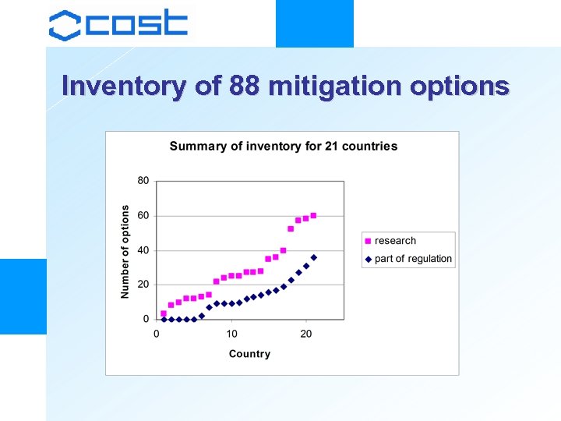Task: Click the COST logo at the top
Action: (118, 24)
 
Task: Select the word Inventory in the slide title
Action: (125, 86)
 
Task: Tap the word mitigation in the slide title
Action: (332, 86)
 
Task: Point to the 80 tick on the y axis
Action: (143, 180)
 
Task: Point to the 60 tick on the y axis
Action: (143, 215)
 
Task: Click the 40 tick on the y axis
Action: (143, 250)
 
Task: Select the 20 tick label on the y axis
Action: (143, 285)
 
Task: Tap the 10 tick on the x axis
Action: (231, 334)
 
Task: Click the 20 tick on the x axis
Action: (306, 334)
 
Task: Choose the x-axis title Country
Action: (249, 354)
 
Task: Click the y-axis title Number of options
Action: (125, 251)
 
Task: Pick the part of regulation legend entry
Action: (412, 259)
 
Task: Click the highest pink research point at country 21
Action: (313, 215)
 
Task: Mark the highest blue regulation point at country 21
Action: (313, 257)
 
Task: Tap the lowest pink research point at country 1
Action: (164, 313)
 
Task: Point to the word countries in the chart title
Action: (370, 146)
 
